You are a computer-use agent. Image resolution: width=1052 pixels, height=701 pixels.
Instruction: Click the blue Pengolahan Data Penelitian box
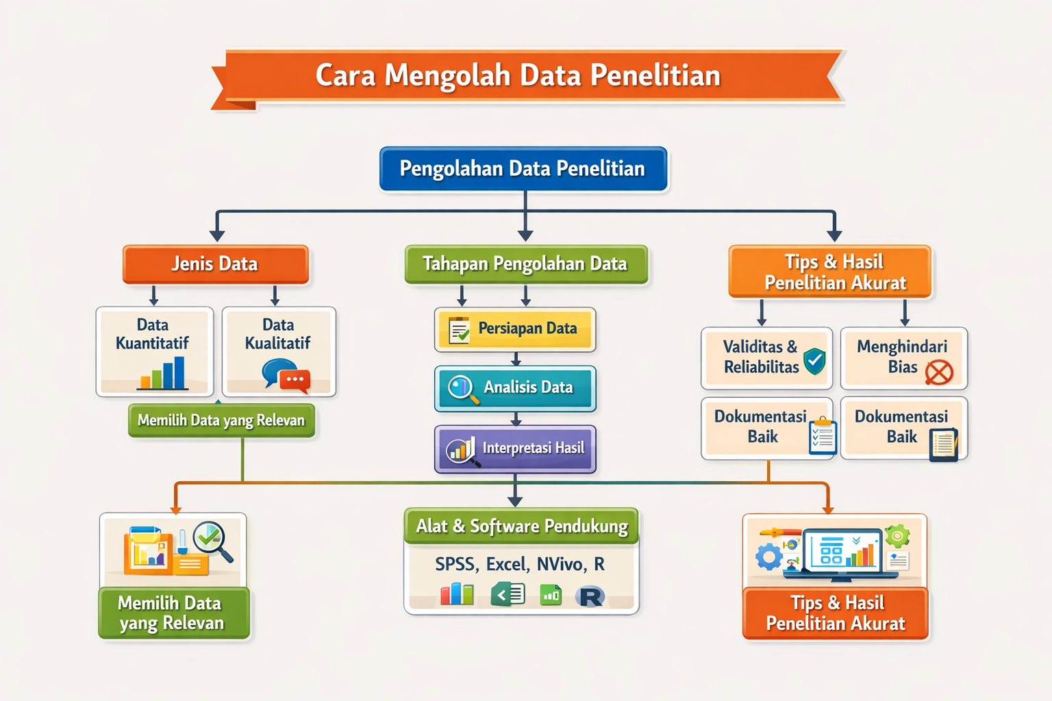point(523,168)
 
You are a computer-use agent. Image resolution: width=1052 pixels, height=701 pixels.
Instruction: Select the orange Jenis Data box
point(216,264)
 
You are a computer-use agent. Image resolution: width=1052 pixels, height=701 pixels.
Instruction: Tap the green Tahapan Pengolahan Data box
point(526,264)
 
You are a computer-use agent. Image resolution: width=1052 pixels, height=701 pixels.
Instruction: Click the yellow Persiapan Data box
point(515,329)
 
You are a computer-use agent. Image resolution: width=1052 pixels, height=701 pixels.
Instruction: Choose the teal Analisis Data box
point(515,388)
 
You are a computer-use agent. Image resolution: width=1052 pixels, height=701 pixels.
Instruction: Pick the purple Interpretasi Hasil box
point(515,448)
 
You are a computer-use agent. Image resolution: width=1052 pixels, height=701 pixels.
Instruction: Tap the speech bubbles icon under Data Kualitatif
point(286,376)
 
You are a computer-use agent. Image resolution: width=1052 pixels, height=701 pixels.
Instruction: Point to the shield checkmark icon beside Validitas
point(814,361)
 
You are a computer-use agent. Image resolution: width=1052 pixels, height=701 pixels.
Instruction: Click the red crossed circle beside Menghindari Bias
point(939,373)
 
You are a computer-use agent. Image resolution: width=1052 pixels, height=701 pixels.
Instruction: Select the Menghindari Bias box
point(904,358)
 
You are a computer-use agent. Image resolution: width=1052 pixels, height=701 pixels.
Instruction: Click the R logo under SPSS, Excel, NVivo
point(590,596)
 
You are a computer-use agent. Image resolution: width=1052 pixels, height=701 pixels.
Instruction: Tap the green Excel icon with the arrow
point(508,595)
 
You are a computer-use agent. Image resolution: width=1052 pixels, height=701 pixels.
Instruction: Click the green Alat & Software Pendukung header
point(521,526)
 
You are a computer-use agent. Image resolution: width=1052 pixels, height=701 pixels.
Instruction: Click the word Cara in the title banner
point(345,75)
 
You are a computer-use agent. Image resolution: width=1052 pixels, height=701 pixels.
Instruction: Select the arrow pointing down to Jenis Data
point(217,226)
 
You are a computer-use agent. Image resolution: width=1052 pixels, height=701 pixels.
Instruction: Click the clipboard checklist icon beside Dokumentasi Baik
point(823,436)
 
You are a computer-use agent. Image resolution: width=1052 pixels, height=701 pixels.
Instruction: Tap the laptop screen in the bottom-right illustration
point(842,549)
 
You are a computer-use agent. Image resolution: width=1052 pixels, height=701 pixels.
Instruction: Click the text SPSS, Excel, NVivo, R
point(520,564)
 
